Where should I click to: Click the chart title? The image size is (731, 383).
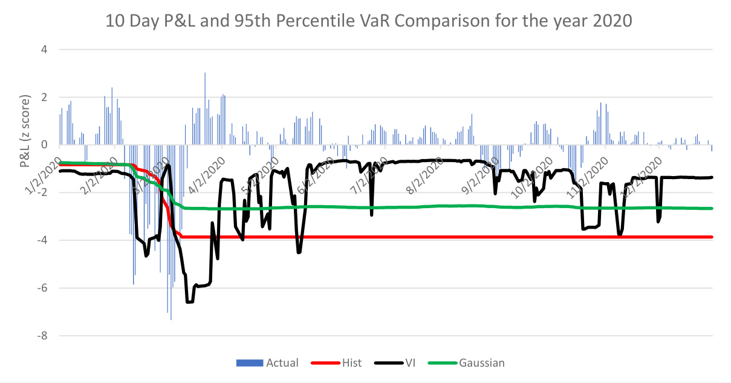369,22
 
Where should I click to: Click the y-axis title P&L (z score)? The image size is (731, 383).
25,131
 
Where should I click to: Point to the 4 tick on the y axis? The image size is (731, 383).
44,50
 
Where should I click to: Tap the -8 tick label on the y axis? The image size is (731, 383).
42,336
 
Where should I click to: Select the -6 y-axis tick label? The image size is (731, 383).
42,288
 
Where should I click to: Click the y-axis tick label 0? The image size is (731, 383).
44,145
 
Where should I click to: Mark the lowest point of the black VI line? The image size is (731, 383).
189,302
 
